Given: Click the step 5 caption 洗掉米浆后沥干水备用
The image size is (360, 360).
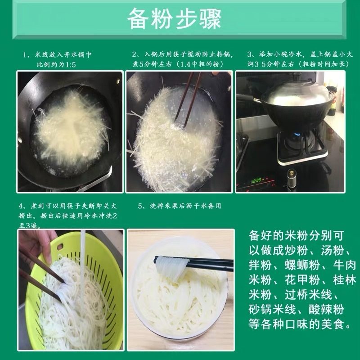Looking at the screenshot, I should coord(180,206).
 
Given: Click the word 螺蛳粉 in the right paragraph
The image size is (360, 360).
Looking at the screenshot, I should coord(293,264).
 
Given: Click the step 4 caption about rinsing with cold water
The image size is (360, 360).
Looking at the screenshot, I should coord(67,216).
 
